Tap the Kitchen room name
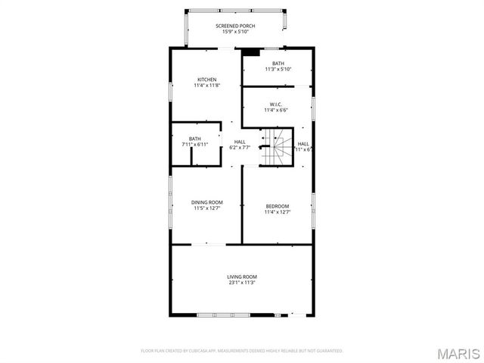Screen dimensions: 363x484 pyautogui.click(x=207, y=80)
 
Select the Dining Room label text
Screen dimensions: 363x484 pyautogui.click(x=207, y=202)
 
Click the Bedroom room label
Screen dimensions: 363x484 pyautogui.click(x=278, y=206)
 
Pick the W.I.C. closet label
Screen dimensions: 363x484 pyautogui.click(x=277, y=105)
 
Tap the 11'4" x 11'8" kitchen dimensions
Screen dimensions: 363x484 pyautogui.click(x=207, y=86)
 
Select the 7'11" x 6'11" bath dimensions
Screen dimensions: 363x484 pyautogui.click(x=195, y=144)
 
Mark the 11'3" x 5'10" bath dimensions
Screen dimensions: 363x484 pyautogui.click(x=278, y=69)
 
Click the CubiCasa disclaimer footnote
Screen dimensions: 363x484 pyautogui.click(x=242, y=351)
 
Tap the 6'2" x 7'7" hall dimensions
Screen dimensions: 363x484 pyautogui.click(x=240, y=148)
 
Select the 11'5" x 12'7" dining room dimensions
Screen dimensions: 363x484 pyautogui.click(x=207, y=208)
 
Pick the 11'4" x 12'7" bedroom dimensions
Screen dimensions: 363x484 pyautogui.click(x=278, y=212)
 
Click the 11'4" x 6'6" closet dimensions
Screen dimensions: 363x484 pyautogui.click(x=277, y=111)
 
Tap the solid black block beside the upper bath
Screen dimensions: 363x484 pyautogui.click(x=250, y=52)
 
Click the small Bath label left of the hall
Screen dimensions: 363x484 pyautogui.click(x=195, y=138)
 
